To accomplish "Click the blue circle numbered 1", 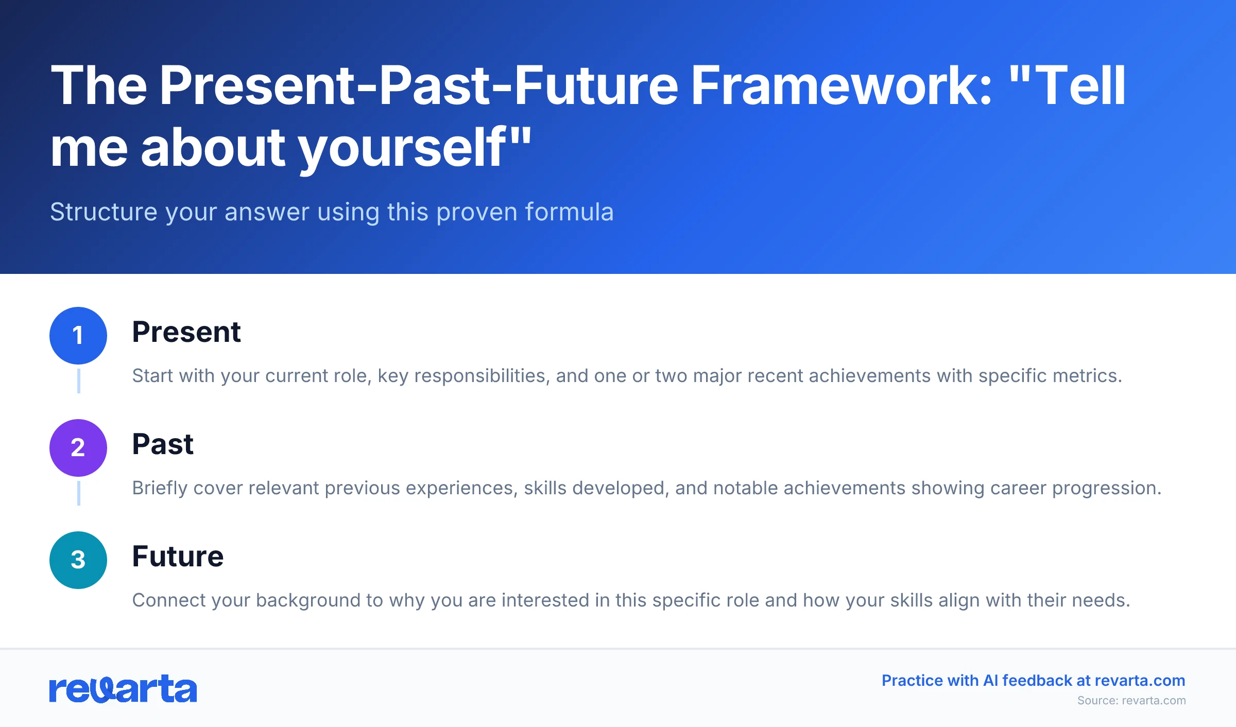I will [78, 336].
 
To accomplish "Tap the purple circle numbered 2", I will [78, 447].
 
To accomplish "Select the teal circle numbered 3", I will [78, 560].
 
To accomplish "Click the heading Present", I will [186, 332].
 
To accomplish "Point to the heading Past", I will [162, 444].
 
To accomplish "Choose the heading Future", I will [178, 556].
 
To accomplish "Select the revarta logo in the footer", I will [123, 689].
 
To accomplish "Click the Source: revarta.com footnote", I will [1131, 700].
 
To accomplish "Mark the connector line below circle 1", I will [78, 381].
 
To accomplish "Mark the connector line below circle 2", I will [78, 493].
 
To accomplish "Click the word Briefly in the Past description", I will [159, 488].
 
